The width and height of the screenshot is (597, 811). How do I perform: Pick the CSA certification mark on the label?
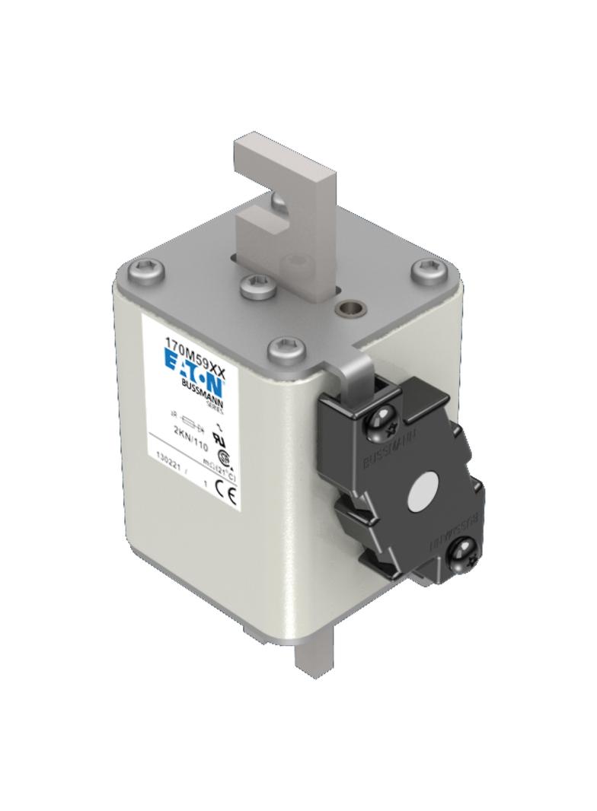(x=225, y=457)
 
